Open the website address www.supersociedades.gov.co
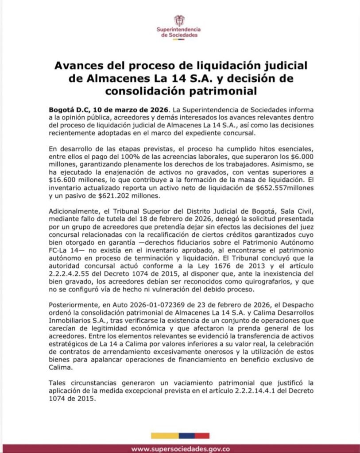(180, 449)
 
